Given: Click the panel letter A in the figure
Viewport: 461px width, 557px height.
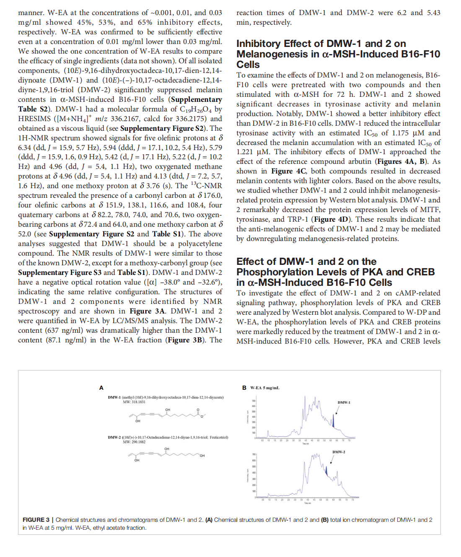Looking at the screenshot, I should (101, 388).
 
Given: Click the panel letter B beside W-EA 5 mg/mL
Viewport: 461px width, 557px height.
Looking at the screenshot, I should (244, 388).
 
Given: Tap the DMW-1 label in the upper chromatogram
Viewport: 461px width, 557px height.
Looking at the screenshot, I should (344, 402).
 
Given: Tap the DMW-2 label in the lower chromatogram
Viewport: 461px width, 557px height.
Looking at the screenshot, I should (339, 452).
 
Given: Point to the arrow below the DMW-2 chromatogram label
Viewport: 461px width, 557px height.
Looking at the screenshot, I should (332, 459).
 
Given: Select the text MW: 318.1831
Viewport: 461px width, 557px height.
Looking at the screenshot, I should (134, 402).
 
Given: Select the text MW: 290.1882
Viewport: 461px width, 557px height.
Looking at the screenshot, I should (134, 442).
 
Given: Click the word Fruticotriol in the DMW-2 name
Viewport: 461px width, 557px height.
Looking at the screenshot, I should (219, 437).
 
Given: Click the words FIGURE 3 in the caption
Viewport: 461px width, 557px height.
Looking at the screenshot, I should (36, 520).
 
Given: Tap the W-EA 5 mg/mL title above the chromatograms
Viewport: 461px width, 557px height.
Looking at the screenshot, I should (265, 388).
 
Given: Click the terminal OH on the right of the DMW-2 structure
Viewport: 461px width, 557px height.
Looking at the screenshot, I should (202, 456).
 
